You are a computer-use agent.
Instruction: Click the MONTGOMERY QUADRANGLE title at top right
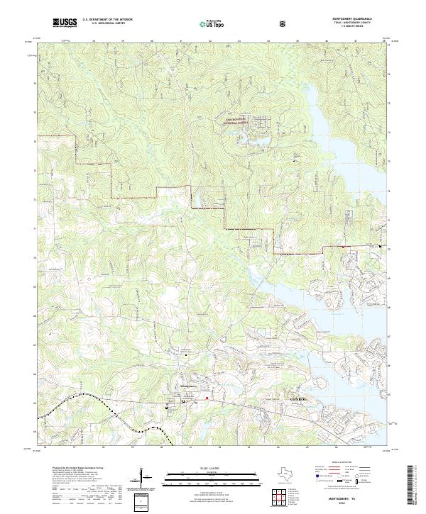pyautogui.click(x=352, y=19)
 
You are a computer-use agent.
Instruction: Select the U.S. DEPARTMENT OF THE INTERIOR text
pyautogui.click(x=106, y=21)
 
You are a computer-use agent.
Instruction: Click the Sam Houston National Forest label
pyautogui.click(x=234, y=121)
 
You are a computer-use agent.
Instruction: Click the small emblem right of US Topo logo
pyautogui.click(x=283, y=23)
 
